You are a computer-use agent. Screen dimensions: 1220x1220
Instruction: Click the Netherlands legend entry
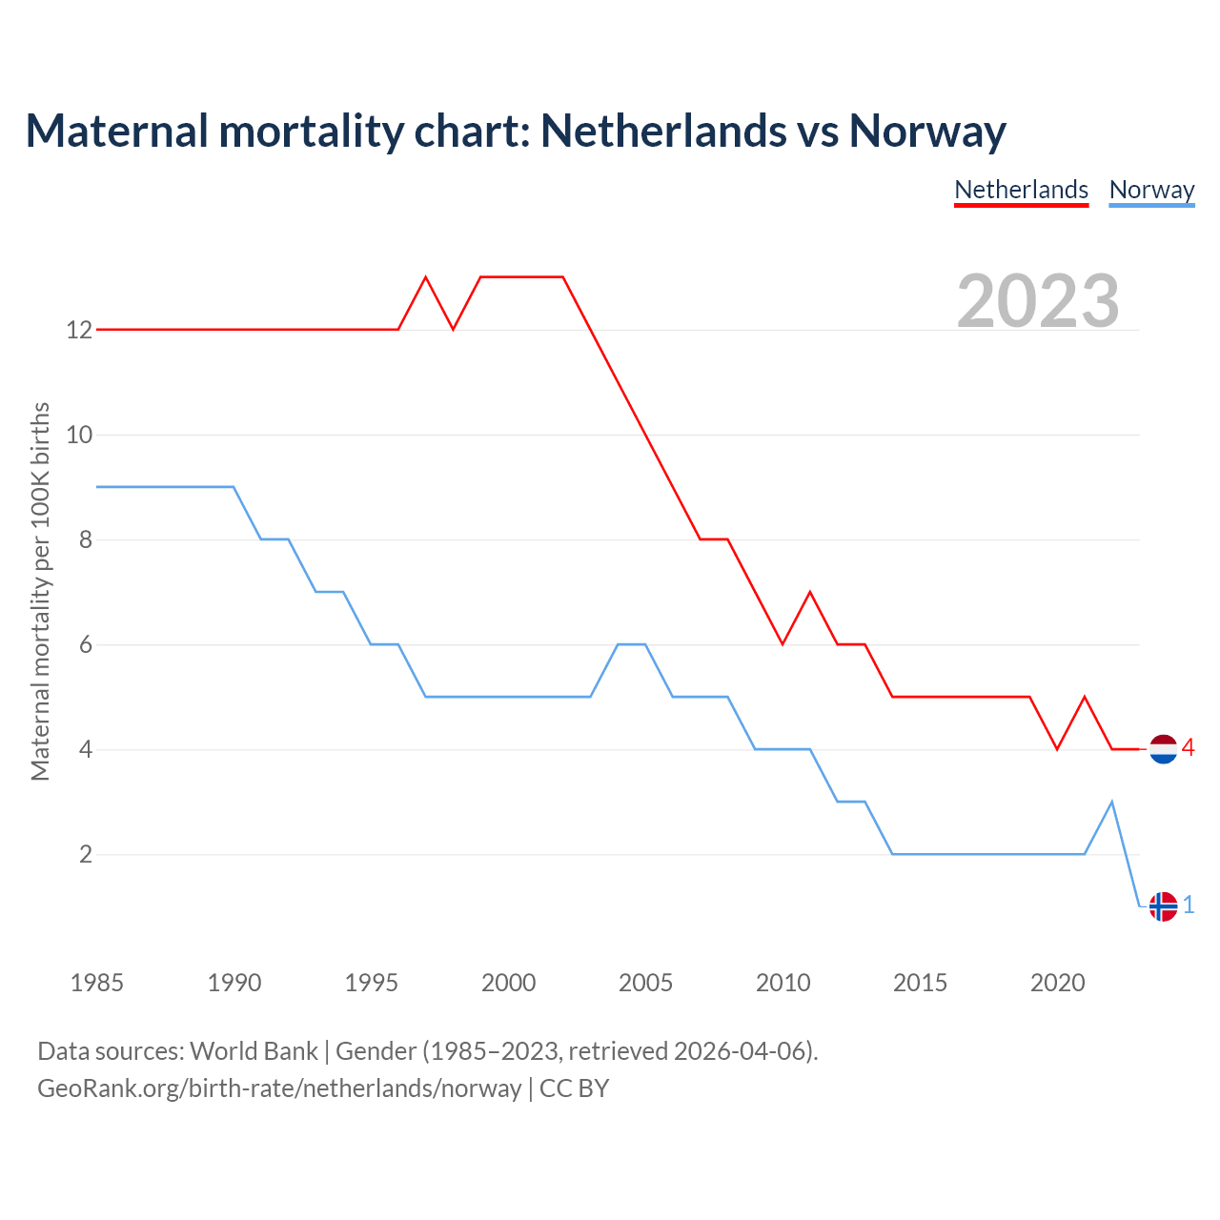[x=1021, y=190]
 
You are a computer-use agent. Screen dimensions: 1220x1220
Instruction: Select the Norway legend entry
[x=1151, y=190]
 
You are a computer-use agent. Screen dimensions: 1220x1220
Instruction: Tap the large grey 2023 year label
[x=1038, y=300]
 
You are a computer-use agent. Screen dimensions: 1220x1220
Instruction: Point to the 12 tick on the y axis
[x=79, y=330]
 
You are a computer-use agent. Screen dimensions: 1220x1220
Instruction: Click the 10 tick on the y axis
[x=79, y=435]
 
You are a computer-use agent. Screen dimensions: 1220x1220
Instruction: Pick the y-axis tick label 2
[x=86, y=854]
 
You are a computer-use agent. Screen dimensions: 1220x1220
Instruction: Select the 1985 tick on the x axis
[x=97, y=983]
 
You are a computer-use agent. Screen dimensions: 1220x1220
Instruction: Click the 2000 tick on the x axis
[x=508, y=983]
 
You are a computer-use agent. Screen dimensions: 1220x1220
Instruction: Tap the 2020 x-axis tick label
[x=1057, y=983]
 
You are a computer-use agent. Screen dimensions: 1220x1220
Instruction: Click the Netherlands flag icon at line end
[x=1163, y=749]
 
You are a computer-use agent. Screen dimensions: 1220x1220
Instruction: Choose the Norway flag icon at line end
[x=1163, y=906]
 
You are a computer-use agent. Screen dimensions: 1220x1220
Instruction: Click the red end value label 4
[x=1188, y=747]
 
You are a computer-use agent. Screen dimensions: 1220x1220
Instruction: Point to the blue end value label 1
[x=1189, y=905]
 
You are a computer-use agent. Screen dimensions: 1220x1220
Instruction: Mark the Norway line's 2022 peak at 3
[x=1111, y=802]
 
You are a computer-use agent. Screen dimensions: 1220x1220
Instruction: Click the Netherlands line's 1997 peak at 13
[x=425, y=277]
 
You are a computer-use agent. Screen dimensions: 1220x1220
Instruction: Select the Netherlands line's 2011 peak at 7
[x=810, y=592]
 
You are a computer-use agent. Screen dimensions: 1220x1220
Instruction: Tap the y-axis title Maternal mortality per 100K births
[x=40, y=591]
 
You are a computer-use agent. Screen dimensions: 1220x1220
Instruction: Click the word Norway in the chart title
[x=926, y=131]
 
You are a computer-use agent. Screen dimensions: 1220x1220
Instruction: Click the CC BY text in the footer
[x=574, y=1088]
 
